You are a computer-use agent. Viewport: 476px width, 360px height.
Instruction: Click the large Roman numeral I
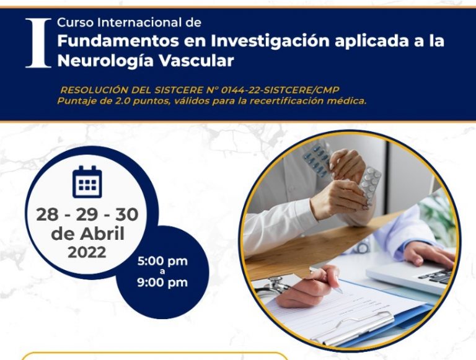click(38, 43)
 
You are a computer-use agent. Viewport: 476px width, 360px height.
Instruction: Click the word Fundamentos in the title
click(118, 41)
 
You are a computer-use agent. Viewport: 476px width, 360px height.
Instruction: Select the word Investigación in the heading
click(270, 42)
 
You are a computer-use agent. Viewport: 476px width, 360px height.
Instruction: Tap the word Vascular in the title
click(196, 60)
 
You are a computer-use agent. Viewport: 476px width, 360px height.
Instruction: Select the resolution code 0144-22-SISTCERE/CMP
click(280, 90)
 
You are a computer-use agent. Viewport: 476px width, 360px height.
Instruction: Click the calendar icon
click(87, 182)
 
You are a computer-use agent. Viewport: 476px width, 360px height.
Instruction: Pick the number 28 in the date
click(47, 214)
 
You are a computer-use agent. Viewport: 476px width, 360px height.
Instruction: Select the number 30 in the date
click(127, 214)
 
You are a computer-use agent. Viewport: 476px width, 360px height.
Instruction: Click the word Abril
click(102, 234)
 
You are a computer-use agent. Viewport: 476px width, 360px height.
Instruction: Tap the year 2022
click(87, 252)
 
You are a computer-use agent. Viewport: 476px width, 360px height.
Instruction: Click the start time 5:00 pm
click(162, 261)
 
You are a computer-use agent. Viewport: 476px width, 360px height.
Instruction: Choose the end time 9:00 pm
click(162, 283)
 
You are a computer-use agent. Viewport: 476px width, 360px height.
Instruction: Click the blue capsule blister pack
click(317, 160)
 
